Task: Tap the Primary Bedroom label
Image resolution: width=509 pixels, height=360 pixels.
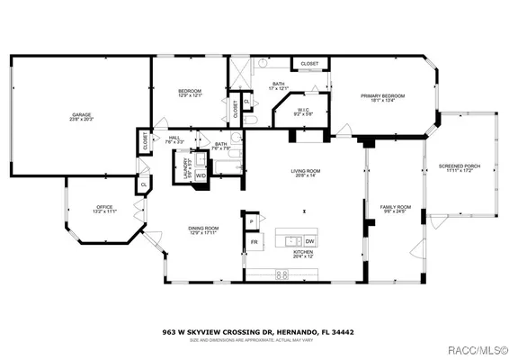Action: (383, 97)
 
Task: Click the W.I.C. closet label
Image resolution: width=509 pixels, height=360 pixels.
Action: (304, 112)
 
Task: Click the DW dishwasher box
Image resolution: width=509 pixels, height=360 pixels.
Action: (308, 241)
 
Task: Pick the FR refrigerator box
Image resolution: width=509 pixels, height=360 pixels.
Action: (254, 242)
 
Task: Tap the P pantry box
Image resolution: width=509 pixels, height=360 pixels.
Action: (253, 220)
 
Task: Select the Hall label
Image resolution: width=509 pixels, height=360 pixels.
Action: (174, 140)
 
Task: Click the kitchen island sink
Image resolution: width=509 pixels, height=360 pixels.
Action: (290, 240)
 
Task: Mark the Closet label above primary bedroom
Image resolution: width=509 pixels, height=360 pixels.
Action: (309, 64)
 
